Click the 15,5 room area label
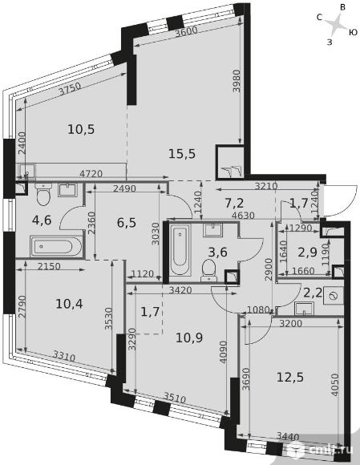(182, 154)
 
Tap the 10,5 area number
(81, 129)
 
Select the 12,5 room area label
(290, 378)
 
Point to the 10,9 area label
(189, 338)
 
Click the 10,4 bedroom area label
(69, 304)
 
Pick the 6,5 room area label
(127, 222)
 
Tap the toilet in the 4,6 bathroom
(43, 195)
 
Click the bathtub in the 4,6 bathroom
(56, 246)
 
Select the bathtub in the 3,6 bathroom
(180, 249)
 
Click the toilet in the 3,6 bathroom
(209, 270)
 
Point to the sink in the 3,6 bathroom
(212, 230)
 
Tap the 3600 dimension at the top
(186, 30)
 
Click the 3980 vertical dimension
(237, 81)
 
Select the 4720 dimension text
(91, 173)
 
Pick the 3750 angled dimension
(70, 89)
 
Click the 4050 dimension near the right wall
(335, 384)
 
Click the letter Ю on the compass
(353, 32)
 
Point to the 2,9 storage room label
(308, 253)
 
